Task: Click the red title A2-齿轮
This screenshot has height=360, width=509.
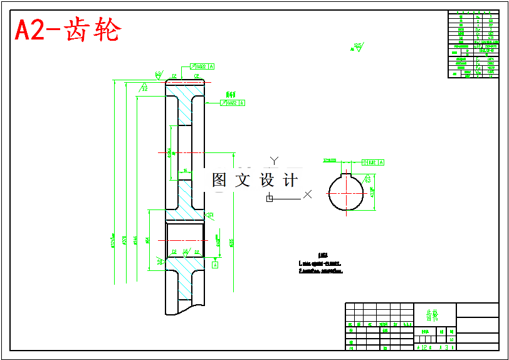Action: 68,30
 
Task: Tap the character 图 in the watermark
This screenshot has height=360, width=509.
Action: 219,181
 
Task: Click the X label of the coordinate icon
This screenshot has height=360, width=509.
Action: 308,194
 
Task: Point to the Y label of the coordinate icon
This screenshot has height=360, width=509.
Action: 273,161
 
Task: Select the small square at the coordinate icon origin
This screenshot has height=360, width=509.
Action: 270,198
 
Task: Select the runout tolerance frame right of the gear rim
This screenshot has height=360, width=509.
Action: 232,103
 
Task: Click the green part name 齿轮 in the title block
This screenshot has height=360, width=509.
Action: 433,314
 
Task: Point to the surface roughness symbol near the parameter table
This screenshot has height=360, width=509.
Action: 358,46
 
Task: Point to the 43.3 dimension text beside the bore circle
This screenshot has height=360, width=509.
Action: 373,192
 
